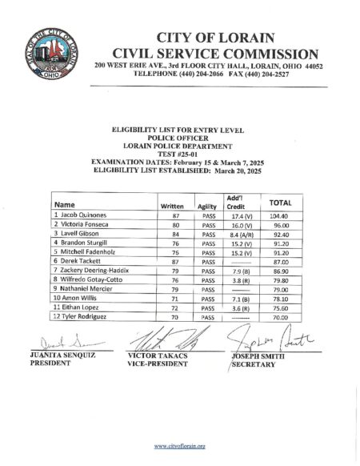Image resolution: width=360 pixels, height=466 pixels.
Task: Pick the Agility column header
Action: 208,206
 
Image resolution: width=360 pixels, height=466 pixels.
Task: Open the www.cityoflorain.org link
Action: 179,446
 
